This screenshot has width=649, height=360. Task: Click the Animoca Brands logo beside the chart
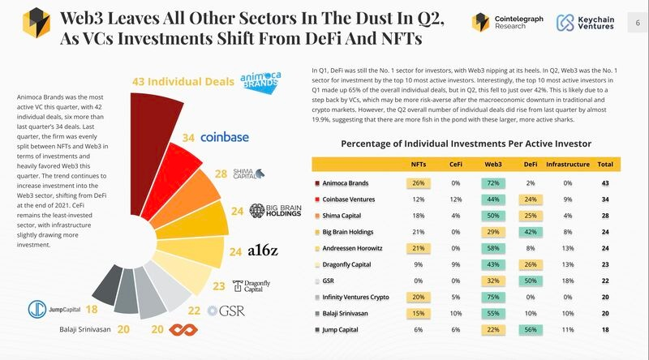click(267, 80)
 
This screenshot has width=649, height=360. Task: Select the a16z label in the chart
click(264, 251)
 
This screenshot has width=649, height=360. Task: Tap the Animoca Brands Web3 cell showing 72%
click(493, 184)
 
